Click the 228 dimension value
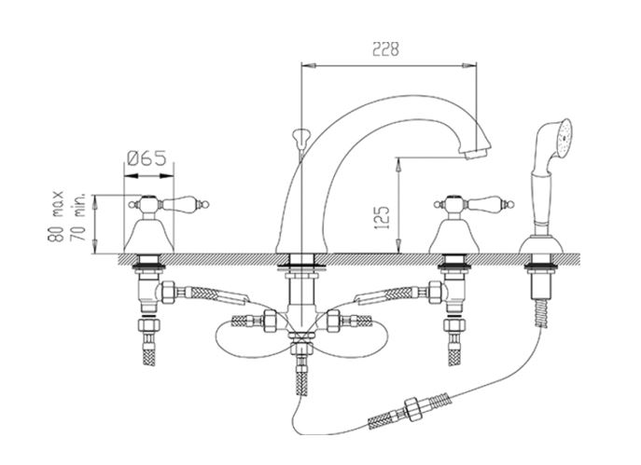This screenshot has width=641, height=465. [x=385, y=49]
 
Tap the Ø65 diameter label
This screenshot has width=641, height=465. [x=146, y=158]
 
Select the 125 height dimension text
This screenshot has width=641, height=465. [x=382, y=218]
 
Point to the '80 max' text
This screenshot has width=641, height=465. [x=56, y=217]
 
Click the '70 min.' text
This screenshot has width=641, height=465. [x=78, y=217]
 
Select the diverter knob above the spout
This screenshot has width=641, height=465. [x=300, y=138]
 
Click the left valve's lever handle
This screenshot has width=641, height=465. [x=183, y=203]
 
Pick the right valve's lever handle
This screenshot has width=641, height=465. [x=489, y=203]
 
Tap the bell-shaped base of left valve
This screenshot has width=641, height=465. [x=148, y=237]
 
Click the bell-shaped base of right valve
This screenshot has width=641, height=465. [x=454, y=237]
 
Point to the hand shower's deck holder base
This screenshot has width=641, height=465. [x=541, y=244]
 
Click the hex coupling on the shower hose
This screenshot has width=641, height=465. [x=413, y=407]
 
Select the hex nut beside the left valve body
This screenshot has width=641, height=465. [x=169, y=293]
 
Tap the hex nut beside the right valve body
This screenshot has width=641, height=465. [x=436, y=293]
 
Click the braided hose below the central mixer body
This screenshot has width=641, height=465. [x=301, y=375]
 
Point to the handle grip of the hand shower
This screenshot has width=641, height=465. [x=540, y=203]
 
